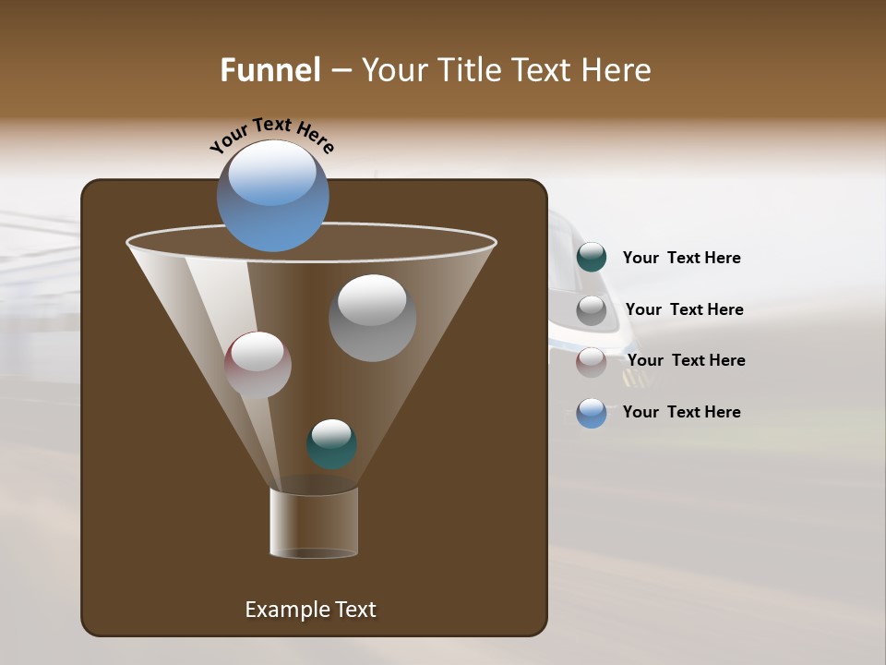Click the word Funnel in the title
point(269,70)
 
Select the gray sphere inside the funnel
point(372,318)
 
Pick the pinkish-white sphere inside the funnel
point(257,365)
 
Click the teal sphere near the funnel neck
point(331,444)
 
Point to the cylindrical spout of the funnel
point(314,523)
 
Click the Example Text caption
point(310,610)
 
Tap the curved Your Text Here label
point(271,135)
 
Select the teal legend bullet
point(592,258)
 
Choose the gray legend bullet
point(592,310)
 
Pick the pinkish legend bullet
point(592,361)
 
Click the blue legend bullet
point(592,413)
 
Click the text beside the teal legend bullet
point(681,259)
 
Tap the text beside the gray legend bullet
point(684,310)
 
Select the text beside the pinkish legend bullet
point(686,361)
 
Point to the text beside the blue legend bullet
point(681,413)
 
